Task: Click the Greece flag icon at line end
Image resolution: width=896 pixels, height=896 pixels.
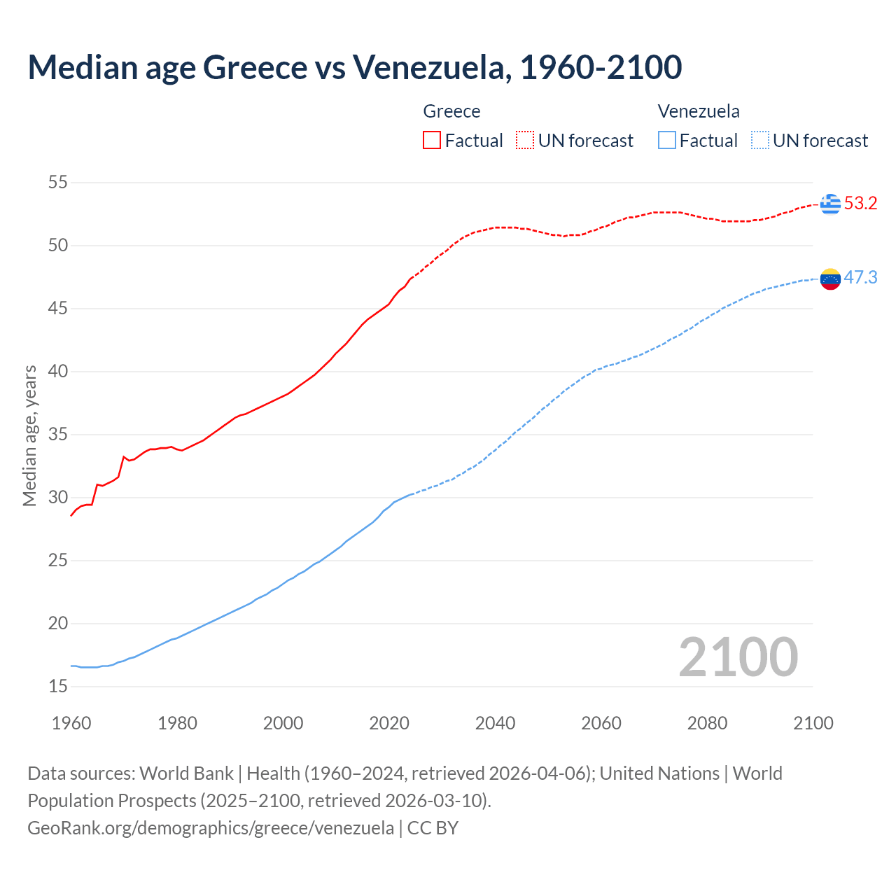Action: point(830,204)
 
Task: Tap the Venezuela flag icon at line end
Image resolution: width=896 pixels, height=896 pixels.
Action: point(830,279)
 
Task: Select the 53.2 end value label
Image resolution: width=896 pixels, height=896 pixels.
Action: point(860,204)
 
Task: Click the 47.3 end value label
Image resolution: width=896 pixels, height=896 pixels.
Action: point(860,278)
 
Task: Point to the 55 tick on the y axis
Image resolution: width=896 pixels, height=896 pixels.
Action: point(58,183)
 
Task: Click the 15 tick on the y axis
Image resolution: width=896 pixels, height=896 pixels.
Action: point(58,687)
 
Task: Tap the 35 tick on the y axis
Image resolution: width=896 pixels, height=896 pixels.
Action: point(58,435)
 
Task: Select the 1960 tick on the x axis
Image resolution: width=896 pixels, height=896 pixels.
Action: point(71,723)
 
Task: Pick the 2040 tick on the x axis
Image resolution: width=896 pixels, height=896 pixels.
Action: point(495,723)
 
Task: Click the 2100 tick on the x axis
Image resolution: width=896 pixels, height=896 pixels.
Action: point(813,723)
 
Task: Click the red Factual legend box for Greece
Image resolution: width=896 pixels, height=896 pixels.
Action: point(432,141)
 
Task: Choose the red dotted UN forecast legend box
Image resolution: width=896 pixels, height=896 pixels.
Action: point(525,141)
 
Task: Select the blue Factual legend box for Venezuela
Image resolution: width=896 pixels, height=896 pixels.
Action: point(667,141)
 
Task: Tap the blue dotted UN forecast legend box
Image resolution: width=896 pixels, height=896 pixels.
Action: point(760,141)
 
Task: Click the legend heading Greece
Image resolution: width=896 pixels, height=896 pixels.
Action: point(451,111)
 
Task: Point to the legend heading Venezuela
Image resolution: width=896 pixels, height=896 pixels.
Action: point(698,111)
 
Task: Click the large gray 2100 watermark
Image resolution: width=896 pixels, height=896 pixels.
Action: point(738,657)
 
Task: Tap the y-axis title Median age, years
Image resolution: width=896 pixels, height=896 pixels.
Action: point(29,435)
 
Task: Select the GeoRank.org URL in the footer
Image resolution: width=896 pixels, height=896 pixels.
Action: point(211,828)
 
